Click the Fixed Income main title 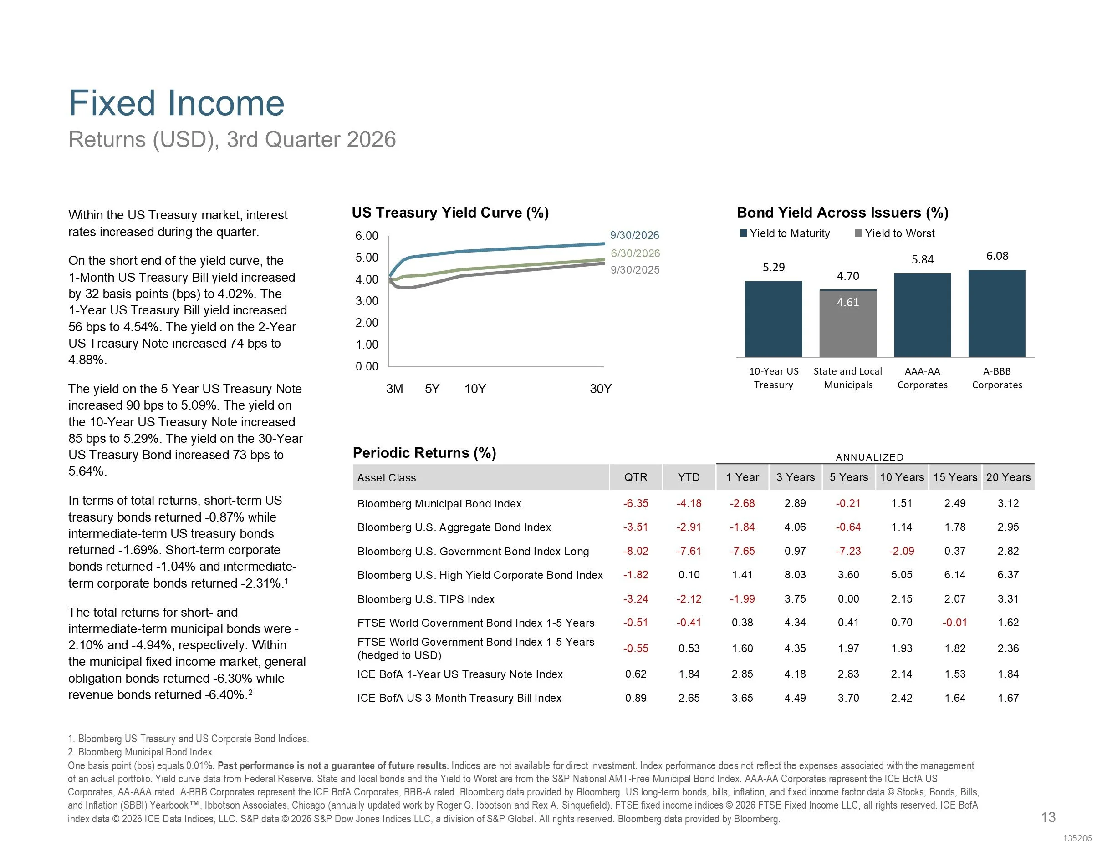[177, 103]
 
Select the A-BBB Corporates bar [997, 314]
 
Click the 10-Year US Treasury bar [774, 319]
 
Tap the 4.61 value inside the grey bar [848, 303]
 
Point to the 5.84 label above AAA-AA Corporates [923, 260]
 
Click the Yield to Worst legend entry [895, 233]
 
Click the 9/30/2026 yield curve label [635, 235]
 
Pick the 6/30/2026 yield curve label [635, 253]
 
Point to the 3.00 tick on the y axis [367, 301]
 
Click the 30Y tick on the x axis [601, 389]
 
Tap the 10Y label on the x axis [475, 389]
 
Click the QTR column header [636, 477]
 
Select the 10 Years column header [902, 477]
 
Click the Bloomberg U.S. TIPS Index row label [426, 599]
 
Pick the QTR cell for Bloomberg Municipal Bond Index [636, 503]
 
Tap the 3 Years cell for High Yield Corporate [795, 575]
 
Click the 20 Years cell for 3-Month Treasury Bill [1008, 698]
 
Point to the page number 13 [1049, 817]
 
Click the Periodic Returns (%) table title [424, 453]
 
